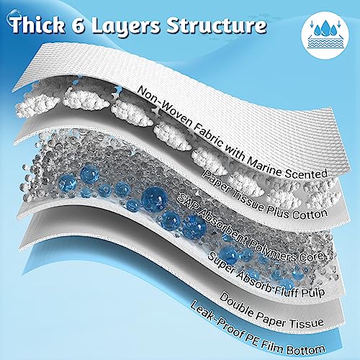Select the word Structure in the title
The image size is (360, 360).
click(x=217, y=25)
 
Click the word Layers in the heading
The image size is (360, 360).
click(x=126, y=27)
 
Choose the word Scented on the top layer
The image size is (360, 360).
click(x=306, y=174)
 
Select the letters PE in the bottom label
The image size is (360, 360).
click(x=248, y=338)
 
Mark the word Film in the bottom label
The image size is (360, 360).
click(x=271, y=346)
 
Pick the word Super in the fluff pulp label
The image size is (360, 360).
click(x=220, y=263)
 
